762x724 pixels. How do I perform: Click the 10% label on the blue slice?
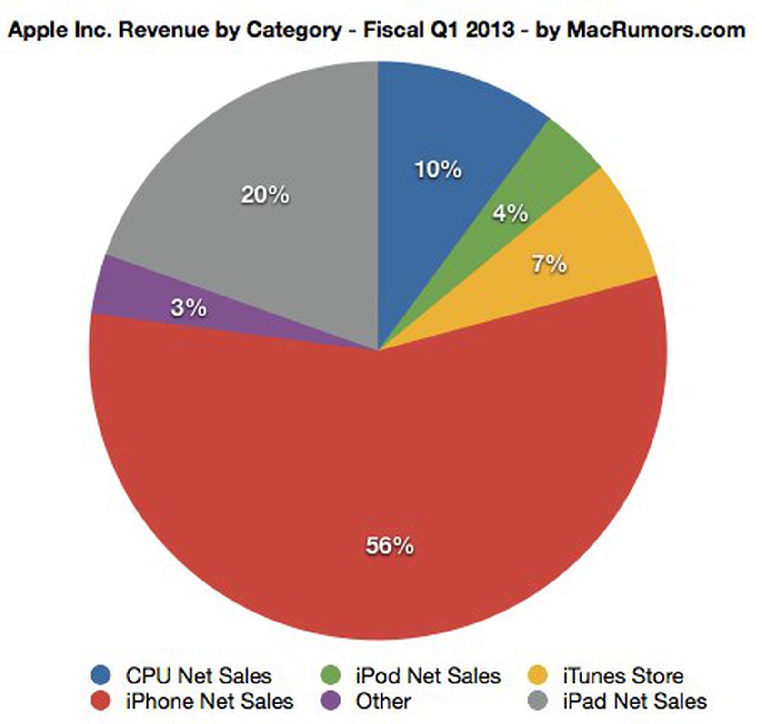click(x=438, y=170)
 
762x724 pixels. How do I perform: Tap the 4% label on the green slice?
click(x=510, y=213)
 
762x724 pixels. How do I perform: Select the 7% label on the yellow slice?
click(x=549, y=264)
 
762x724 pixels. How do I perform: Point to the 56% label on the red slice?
click(x=390, y=545)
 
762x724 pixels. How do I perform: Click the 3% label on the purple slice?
click(x=189, y=307)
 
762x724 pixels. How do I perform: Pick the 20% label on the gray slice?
click(x=265, y=194)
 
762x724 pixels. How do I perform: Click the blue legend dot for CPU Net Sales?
click(x=100, y=675)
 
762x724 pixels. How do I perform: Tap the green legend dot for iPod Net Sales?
click(x=331, y=675)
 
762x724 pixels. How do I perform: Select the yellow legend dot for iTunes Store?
click(x=538, y=675)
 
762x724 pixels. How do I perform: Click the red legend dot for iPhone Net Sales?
click(x=100, y=701)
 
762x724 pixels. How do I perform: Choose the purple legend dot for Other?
click(x=331, y=701)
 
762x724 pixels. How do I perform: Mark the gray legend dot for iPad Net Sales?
click(x=538, y=701)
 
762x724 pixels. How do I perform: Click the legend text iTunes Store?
click(x=623, y=676)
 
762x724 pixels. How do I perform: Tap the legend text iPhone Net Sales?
click(x=210, y=701)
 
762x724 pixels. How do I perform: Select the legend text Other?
click(x=383, y=701)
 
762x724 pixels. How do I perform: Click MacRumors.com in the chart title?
click(x=656, y=30)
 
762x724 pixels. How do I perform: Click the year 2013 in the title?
click(x=490, y=30)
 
